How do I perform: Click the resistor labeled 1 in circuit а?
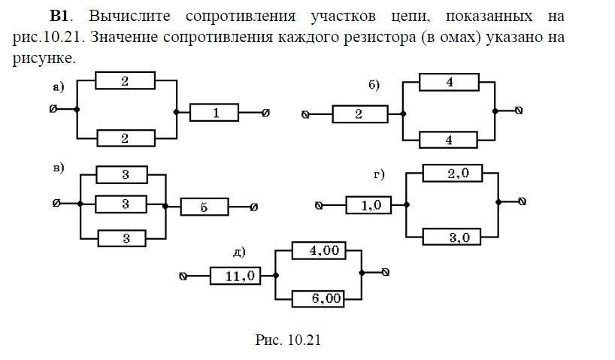(214, 113)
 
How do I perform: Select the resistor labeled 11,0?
(235, 276)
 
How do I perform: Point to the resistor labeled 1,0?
(369, 205)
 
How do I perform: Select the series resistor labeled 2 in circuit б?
(359, 114)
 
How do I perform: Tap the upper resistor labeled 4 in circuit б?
(449, 82)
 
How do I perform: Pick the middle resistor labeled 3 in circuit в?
(125, 204)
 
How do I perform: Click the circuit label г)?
(379, 175)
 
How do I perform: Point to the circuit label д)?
(240, 252)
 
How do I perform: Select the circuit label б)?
(374, 85)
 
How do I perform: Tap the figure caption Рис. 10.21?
(288, 340)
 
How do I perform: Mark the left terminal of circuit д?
(183, 277)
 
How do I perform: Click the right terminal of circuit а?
(265, 113)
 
